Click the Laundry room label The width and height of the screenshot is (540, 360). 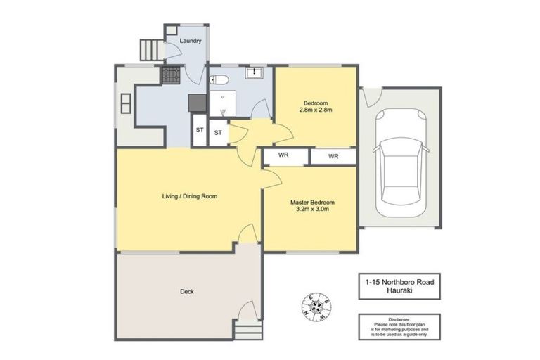(191, 41)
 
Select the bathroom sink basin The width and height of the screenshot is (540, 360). (252, 72)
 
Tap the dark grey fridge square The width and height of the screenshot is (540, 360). (198, 103)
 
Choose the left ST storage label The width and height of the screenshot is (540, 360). (199, 131)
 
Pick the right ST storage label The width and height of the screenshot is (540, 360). (218, 132)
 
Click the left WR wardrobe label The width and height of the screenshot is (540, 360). (284, 155)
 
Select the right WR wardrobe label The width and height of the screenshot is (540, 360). (333, 156)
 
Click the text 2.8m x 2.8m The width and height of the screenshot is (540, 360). (315, 110)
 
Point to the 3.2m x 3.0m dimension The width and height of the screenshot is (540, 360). (309, 209)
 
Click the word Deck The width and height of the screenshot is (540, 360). (186, 291)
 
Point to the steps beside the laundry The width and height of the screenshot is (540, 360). (150, 49)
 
